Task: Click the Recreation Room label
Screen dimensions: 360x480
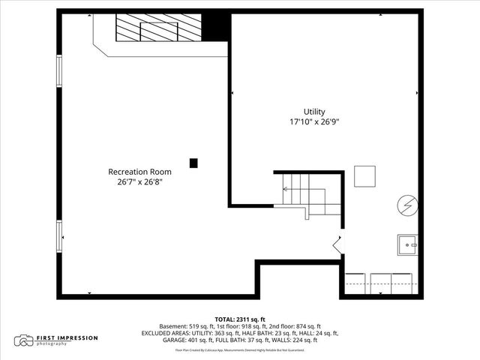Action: (x=139, y=172)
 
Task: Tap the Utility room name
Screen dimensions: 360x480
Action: (x=316, y=111)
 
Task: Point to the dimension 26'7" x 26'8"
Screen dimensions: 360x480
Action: (x=139, y=181)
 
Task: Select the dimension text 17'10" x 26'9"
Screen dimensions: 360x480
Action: (x=316, y=121)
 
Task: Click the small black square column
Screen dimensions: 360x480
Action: (x=193, y=162)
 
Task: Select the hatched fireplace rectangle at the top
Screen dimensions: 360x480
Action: (x=157, y=30)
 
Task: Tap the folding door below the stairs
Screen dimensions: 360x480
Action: (x=337, y=243)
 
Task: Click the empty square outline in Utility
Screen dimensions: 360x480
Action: (x=365, y=176)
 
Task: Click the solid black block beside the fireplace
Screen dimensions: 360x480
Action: (x=217, y=26)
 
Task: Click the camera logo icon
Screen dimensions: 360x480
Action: (x=25, y=340)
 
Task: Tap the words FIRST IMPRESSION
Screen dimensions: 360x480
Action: (x=67, y=337)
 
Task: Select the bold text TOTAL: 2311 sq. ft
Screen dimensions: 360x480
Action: (x=240, y=319)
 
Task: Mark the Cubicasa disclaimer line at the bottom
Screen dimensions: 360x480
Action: (x=240, y=349)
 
